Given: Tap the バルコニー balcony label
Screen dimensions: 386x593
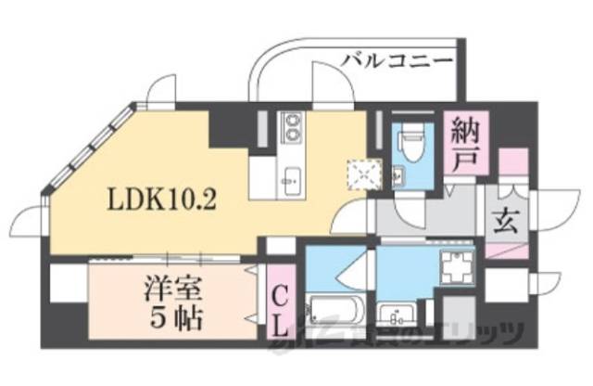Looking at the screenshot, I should coord(397,61).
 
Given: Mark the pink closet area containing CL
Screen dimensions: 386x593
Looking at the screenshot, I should coord(278,304).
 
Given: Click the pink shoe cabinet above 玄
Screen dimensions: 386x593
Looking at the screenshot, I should coord(511,168).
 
